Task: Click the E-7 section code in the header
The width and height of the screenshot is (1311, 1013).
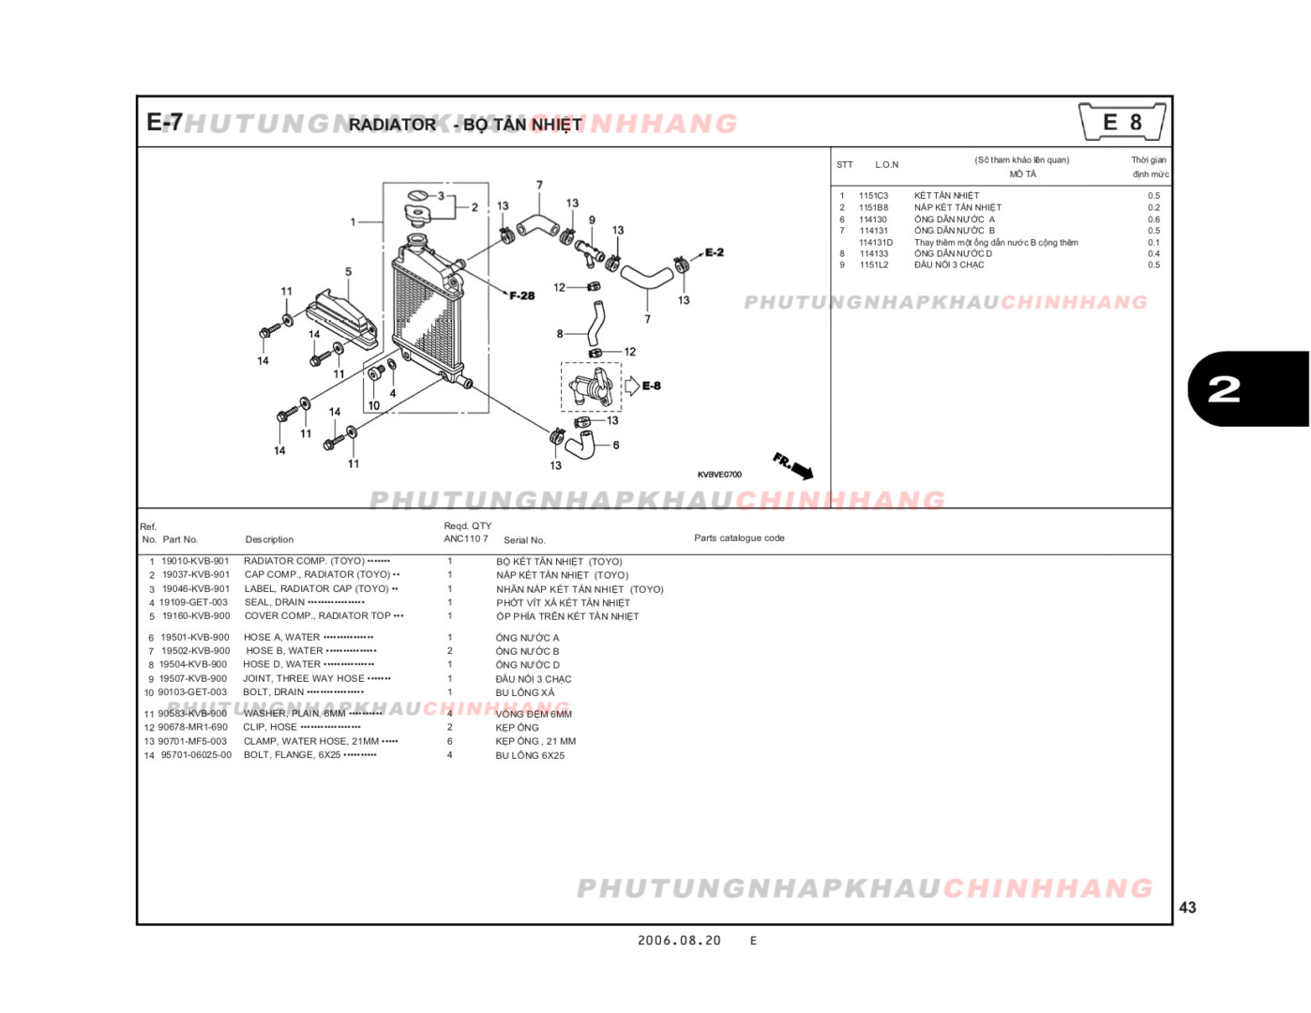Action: point(164,123)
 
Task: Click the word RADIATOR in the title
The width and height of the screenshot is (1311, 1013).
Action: point(392,125)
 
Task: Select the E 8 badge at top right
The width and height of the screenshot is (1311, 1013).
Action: point(1122,123)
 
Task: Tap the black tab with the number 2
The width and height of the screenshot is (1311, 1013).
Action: point(1246,389)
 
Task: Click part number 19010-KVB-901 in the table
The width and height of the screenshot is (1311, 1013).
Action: point(195,561)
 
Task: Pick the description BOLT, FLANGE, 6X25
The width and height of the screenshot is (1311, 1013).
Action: point(292,755)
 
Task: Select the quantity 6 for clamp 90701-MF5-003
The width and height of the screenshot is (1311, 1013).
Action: point(449,741)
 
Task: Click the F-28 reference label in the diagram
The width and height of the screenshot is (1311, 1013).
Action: point(521,295)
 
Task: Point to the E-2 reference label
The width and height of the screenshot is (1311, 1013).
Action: point(714,252)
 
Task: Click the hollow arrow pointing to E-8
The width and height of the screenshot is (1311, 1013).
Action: point(632,386)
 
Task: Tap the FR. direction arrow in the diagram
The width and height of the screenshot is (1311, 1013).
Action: point(793,465)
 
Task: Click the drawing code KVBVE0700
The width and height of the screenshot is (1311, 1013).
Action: point(719,475)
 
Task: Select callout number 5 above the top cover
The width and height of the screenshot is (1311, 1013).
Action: point(348,272)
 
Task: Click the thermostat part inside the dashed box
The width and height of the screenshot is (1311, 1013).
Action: point(591,386)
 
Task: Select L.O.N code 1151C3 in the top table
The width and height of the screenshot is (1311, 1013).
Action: point(873,196)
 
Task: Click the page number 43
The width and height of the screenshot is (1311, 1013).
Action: point(1187,907)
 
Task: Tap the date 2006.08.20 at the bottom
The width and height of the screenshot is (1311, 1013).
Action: point(679,941)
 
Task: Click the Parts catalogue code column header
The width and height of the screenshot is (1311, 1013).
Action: point(739,538)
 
